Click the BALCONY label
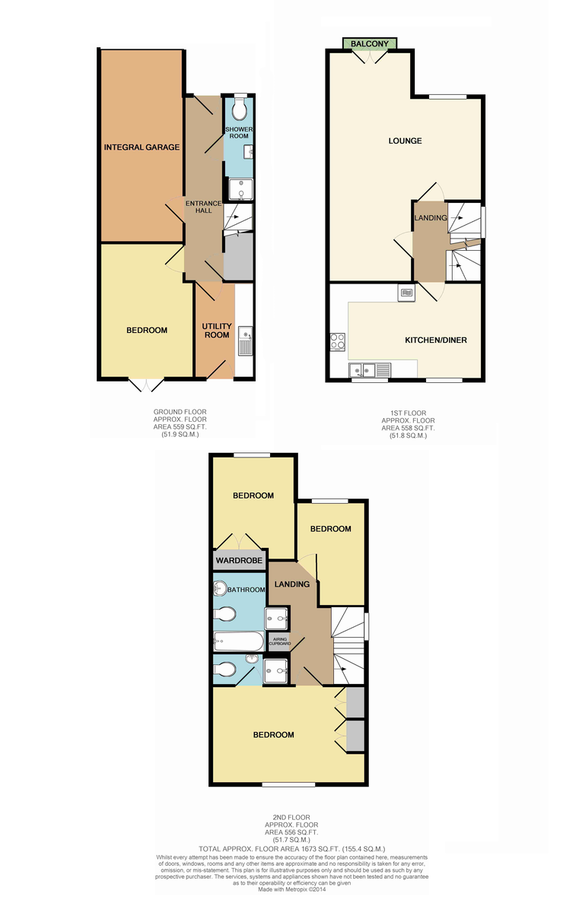[x=370, y=43]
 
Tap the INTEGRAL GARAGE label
[x=142, y=147]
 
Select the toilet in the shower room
[x=240, y=109]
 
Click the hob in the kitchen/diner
[x=338, y=342]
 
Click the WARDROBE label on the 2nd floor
[x=239, y=561]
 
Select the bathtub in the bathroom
[x=239, y=641]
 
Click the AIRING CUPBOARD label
[x=280, y=641]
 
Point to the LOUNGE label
[x=405, y=141]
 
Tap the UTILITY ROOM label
[x=217, y=331]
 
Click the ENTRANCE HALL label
[x=203, y=207]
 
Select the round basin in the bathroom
[x=220, y=588]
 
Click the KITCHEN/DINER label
[x=435, y=340]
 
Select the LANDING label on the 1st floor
[x=431, y=218]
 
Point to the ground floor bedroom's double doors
[x=146, y=385]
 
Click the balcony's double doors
[x=370, y=56]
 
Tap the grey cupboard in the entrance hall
[x=238, y=256]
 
